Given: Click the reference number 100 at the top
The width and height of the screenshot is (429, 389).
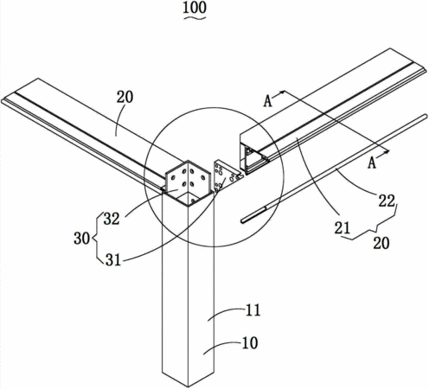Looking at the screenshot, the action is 195,8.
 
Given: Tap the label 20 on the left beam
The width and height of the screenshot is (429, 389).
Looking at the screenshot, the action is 125,97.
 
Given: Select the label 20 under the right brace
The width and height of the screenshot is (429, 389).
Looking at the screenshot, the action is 381,243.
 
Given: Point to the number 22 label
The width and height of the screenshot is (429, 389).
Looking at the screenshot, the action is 387,201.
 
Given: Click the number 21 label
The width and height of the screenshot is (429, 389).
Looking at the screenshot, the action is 343,227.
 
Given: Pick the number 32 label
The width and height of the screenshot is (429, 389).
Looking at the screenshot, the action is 112,219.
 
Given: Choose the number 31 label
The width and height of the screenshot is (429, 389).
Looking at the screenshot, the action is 113,260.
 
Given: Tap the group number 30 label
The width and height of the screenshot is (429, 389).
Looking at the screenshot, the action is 82,239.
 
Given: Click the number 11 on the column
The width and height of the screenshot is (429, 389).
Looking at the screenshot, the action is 253,310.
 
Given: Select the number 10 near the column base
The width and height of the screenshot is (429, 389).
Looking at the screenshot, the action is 250,343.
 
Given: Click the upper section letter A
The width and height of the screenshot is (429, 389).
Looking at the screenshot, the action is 268,101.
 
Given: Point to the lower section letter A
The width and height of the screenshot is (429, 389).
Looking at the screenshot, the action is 372,163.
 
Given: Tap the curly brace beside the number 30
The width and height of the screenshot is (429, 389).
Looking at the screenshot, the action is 97,239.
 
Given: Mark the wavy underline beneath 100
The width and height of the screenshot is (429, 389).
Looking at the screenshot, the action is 195,18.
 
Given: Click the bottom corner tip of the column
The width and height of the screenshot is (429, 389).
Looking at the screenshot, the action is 189,387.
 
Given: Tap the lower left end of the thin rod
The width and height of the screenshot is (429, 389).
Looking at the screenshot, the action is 242,221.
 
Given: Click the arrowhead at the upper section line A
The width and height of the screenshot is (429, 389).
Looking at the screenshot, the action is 282,92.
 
